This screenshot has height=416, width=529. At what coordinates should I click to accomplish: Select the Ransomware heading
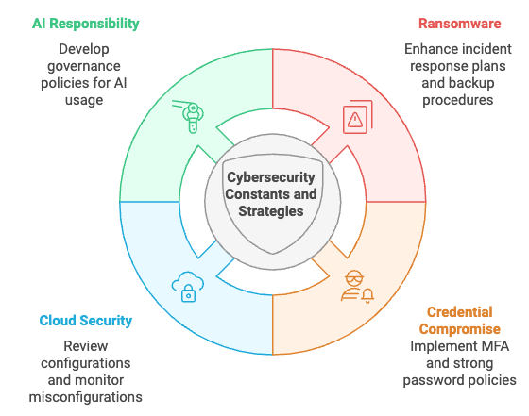click(460, 23)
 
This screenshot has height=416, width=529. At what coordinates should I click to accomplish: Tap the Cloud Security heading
click(86, 321)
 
